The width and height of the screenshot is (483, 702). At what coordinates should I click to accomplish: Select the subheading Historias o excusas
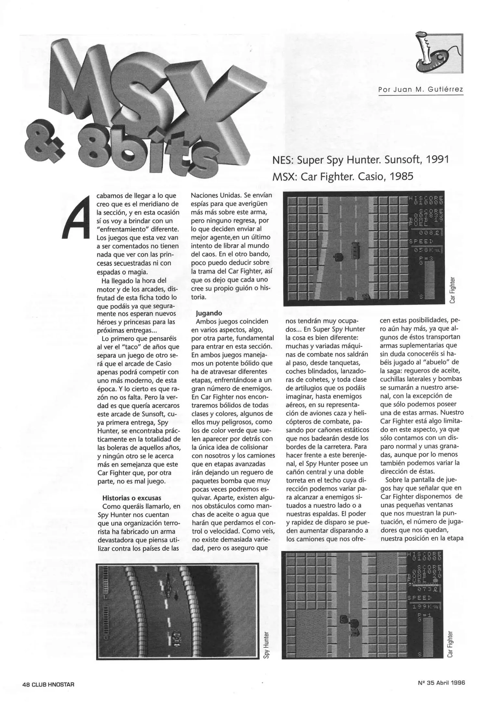[x=132, y=498]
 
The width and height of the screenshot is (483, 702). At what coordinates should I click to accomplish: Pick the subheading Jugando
[x=209, y=313]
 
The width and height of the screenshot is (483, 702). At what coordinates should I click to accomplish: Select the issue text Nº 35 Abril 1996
[x=441, y=683]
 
